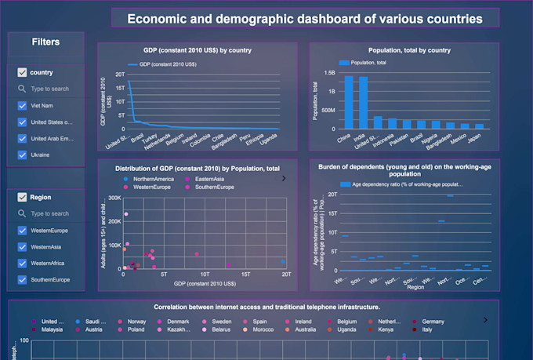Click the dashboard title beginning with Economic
point(305,19)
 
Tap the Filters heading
point(45,42)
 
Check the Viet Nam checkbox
point(23,106)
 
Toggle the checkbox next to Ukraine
point(23,155)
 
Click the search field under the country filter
point(50,89)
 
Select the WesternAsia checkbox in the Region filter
point(23,247)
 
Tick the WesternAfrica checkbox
point(23,264)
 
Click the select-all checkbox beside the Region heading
point(22,198)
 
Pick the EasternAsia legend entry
point(205,179)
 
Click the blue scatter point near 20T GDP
point(283,262)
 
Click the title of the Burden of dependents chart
point(404,169)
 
